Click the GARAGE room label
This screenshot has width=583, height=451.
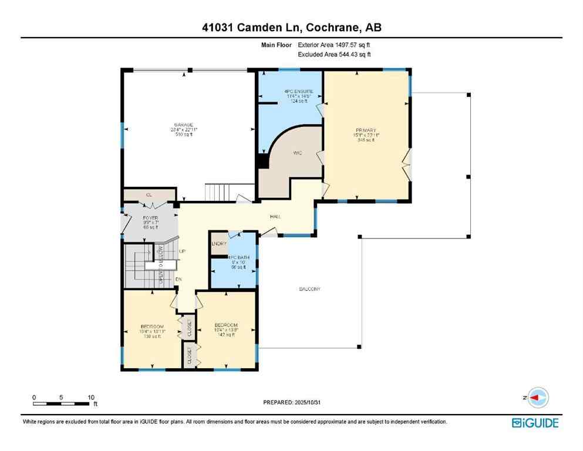tap(183, 125)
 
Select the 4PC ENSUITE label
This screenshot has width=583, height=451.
tap(294, 91)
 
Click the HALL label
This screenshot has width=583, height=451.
tap(275, 217)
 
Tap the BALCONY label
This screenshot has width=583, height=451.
tap(309, 289)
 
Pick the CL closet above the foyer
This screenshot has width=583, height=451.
tap(149, 194)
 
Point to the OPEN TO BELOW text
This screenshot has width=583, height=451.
tap(160, 265)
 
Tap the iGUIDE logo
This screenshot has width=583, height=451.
tap(535, 423)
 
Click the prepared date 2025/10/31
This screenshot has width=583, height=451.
tap(315, 402)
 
